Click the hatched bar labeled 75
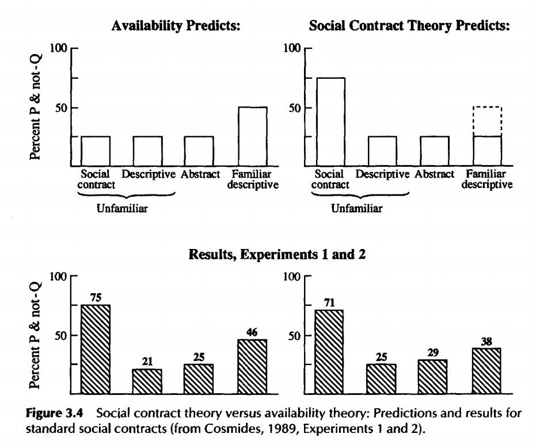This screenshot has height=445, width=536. [95, 349]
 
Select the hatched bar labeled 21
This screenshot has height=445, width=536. [147, 381]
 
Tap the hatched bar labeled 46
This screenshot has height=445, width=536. [252, 366]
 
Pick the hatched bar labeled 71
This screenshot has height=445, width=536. [329, 351]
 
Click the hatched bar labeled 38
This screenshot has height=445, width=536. [486, 370]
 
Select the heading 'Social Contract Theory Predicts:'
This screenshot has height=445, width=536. [409, 26]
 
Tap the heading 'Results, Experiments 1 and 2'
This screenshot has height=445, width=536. [277, 255]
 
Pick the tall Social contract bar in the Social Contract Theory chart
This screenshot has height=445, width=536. [330, 121]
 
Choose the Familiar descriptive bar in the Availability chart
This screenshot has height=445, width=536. [252, 136]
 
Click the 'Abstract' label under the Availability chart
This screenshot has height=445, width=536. [200, 174]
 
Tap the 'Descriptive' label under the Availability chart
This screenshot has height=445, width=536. [148, 174]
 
